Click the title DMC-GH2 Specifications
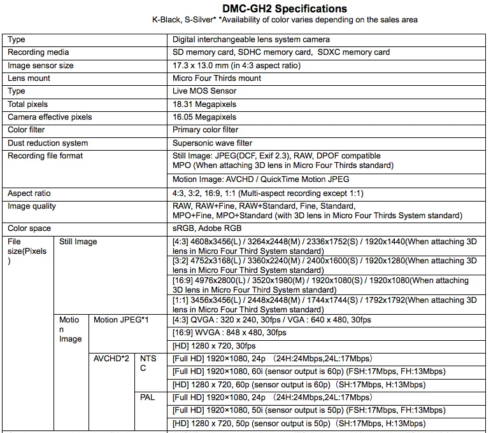[x=285, y=8]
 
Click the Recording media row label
[x=38, y=52]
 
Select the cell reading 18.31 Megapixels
[x=204, y=104]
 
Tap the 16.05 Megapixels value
[x=204, y=117]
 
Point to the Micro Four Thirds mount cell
[x=217, y=78]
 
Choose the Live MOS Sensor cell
[x=204, y=91]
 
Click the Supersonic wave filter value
[x=212, y=143]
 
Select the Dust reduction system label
[x=48, y=143]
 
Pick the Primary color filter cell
[x=205, y=130]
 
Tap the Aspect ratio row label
[x=29, y=193]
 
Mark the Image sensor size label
[x=40, y=65]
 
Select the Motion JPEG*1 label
[x=121, y=320]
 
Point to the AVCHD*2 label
[x=111, y=359]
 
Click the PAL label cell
[x=147, y=398]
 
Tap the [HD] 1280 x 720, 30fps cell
[x=214, y=346]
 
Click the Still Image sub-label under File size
[x=78, y=242]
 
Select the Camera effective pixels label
[x=50, y=117]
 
